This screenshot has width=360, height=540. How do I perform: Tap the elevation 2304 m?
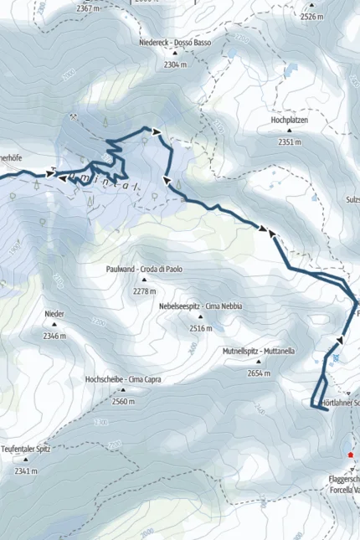click(173, 64)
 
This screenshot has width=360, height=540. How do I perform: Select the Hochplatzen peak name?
click(290, 120)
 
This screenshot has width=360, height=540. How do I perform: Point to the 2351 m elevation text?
click(290, 142)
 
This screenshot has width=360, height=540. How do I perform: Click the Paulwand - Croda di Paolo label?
click(144, 270)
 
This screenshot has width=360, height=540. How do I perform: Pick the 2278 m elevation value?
click(144, 291)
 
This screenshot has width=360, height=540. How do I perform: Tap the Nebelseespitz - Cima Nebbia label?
click(201, 306)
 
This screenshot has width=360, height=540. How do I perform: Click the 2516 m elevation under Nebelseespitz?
click(201, 329)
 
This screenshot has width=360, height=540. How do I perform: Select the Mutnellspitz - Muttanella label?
click(259, 351)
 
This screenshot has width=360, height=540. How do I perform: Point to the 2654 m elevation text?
click(260, 373)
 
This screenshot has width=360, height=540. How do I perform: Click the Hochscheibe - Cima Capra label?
click(123, 379)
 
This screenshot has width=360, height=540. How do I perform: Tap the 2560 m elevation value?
click(123, 402)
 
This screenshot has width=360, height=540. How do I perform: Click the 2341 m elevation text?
click(27, 471)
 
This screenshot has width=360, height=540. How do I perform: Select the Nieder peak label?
click(54, 314)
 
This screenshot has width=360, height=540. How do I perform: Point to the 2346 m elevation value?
click(54, 336)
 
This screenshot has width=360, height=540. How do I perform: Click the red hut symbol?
click(352, 455)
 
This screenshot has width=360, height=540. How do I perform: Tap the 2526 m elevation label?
click(311, 16)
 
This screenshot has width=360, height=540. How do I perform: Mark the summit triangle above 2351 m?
click(290, 131)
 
